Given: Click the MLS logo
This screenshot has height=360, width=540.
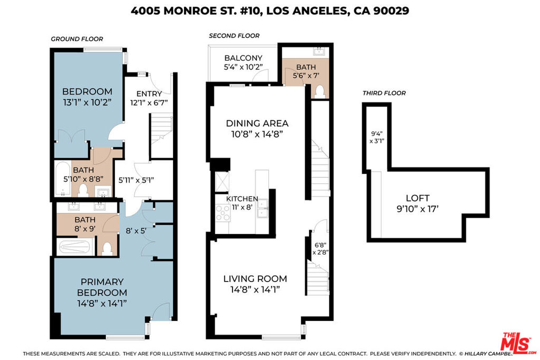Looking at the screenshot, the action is click(x=518, y=343).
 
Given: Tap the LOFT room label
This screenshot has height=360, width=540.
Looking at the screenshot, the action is click(x=418, y=198).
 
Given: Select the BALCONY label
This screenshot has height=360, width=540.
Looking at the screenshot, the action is click(x=243, y=58).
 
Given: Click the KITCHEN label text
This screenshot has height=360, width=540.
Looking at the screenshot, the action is click(x=242, y=199).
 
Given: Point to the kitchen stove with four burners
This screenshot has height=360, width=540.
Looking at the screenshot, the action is click(x=223, y=212).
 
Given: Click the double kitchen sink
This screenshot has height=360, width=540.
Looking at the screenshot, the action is click(x=263, y=209).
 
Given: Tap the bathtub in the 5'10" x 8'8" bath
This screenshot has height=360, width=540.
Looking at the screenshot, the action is click(x=63, y=179).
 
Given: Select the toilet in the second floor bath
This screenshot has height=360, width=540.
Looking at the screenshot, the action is click(x=320, y=92).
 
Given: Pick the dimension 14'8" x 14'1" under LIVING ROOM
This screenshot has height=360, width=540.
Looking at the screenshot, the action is click(x=255, y=289).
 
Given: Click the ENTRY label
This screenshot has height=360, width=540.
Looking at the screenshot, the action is click(x=149, y=94).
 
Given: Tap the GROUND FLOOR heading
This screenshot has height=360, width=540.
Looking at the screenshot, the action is click(x=77, y=39).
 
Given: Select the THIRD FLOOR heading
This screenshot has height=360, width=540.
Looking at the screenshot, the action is click(x=384, y=93).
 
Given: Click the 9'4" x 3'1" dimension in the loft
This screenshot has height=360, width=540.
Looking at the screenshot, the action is click(x=377, y=138).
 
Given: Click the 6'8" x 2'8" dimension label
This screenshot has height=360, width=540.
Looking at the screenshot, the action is click(x=320, y=248).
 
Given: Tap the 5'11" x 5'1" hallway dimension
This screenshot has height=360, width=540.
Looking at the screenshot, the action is click(x=136, y=180).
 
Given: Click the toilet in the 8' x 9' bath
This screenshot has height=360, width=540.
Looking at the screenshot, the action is click(x=107, y=248).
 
